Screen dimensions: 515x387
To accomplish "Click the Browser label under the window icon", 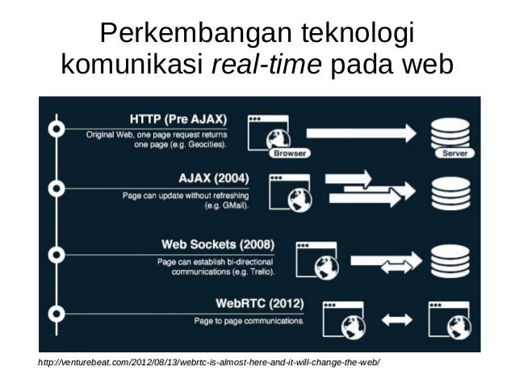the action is [288, 153].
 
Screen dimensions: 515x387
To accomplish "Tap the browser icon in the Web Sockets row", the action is [316, 258].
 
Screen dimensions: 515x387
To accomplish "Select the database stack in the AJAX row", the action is [448, 191].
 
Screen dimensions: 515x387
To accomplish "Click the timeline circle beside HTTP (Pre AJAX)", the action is [56, 128].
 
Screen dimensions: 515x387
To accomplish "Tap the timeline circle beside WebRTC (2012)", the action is [56, 313].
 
